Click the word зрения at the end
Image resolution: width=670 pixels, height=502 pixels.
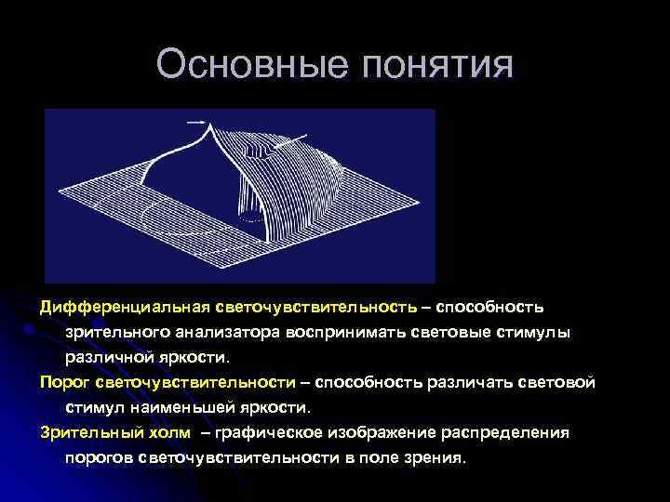435,458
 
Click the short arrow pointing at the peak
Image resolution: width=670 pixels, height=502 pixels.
195,120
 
